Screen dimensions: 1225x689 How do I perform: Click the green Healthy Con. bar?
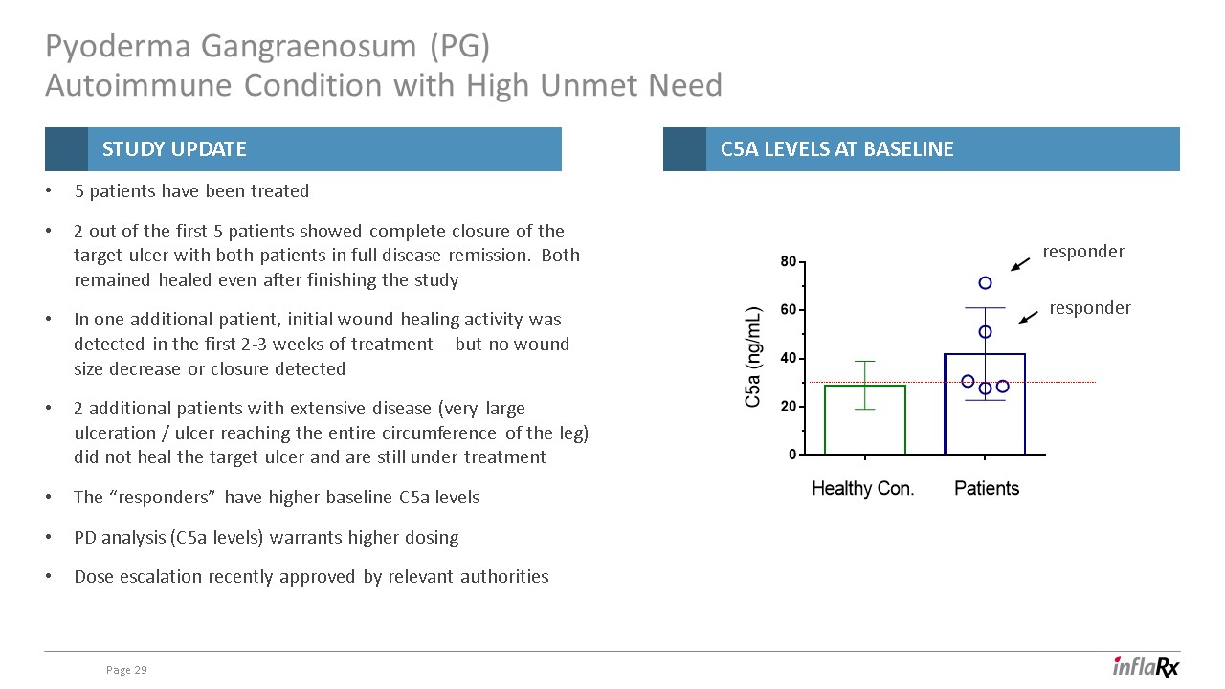click(x=825, y=420)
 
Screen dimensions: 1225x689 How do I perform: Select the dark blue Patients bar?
click(x=945, y=405)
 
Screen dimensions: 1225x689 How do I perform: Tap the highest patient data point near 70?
click(x=985, y=282)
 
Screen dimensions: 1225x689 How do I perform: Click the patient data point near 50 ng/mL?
click(x=985, y=332)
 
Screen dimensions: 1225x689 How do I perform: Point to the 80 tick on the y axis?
click(x=802, y=262)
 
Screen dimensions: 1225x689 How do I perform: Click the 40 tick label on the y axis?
click(x=788, y=359)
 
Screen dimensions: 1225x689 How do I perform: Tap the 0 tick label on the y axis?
click(x=792, y=455)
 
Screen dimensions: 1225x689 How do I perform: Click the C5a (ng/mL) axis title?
click(x=753, y=357)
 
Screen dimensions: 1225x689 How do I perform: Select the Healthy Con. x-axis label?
click(x=862, y=488)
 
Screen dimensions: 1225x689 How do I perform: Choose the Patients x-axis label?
click(x=987, y=488)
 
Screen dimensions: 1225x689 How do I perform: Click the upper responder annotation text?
click(x=1083, y=252)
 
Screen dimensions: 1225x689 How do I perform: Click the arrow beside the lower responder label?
click(x=1028, y=319)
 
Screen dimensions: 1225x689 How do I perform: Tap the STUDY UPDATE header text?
click(x=174, y=149)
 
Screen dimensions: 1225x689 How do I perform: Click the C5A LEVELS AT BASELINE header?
click(x=836, y=149)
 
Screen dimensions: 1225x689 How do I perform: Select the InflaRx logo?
click(x=1146, y=667)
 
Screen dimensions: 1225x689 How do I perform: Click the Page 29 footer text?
click(x=126, y=670)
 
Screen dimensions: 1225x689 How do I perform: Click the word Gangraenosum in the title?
click(x=308, y=47)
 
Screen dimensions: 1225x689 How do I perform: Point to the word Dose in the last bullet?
click(x=94, y=577)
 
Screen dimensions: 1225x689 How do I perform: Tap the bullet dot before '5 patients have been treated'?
click(x=49, y=190)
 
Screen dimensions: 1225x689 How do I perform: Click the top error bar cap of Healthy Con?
click(x=864, y=362)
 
